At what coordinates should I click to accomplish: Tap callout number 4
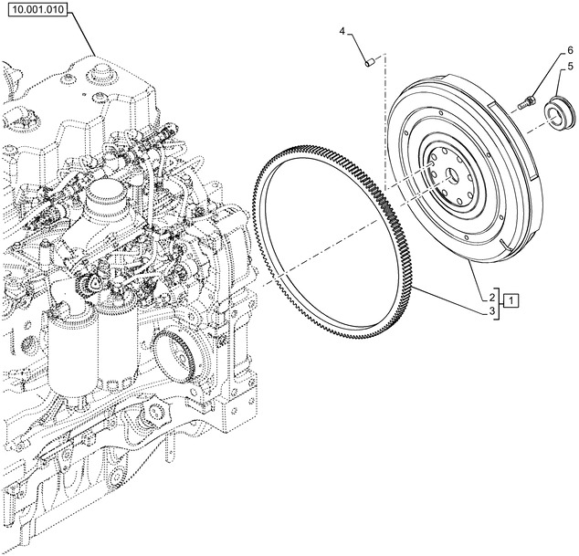click(x=342, y=32)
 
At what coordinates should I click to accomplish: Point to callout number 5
click(x=569, y=66)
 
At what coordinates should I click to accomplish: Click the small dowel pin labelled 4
click(x=369, y=62)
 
